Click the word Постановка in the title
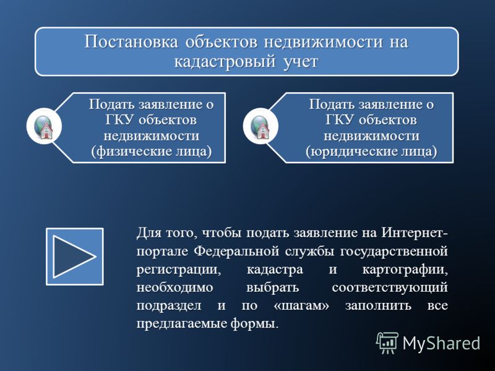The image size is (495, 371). point(131,42)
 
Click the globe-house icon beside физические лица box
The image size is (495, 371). point(44,126)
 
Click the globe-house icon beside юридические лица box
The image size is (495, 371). point(260,126)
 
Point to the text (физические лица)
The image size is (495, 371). point(152,151)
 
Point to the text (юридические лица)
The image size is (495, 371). point(372,151)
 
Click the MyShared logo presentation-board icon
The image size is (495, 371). point(387,343)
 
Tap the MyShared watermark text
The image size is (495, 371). point(441,343)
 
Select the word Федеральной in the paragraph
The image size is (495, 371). point(236,252)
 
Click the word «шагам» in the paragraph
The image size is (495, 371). point(301,305)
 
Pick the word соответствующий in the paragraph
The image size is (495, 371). point(390,288)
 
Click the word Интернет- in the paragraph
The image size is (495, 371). point(415,233)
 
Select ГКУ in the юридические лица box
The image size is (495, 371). point(338,120)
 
